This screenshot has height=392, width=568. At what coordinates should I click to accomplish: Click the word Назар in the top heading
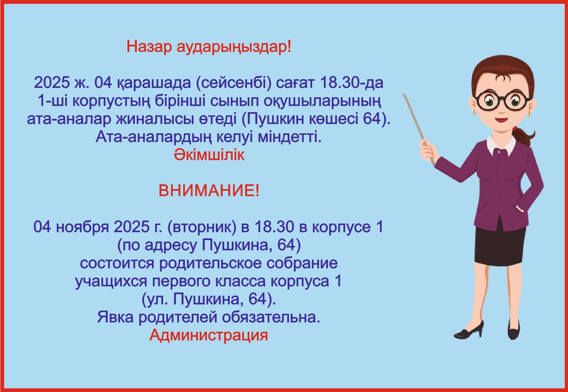[149, 47]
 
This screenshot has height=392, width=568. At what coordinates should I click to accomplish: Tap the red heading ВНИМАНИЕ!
[209, 191]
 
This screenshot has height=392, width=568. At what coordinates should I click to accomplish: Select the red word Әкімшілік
[209, 155]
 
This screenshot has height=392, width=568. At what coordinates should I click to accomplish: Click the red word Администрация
[209, 336]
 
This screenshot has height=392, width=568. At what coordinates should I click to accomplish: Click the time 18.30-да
[352, 83]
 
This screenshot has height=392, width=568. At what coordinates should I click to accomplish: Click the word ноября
[82, 227]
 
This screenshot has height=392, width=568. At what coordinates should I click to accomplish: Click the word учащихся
[111, 281]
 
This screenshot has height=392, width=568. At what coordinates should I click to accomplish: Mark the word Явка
[116, 317]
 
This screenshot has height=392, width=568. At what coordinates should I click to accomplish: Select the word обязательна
[271, 317]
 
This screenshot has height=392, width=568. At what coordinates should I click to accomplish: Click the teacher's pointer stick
[419, 129]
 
